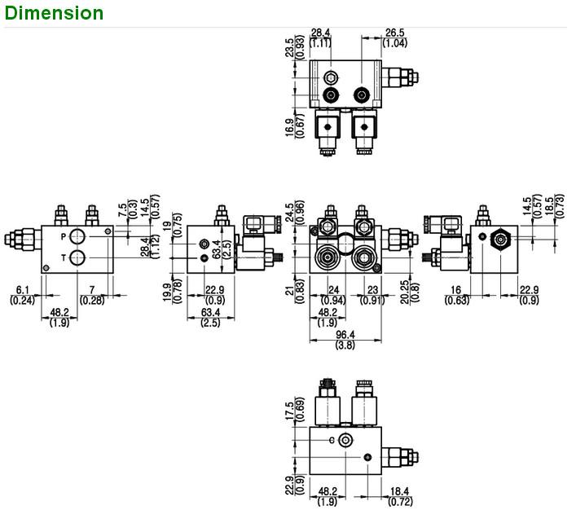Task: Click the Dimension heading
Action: click(53, 13)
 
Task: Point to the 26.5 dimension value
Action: click(396, 33)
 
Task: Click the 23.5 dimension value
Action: click(289, 46)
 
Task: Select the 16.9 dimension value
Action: click(289, 127)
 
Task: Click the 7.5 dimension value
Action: click(122, 210)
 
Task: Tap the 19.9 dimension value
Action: click(167, 291)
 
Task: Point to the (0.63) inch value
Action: click(456, 301)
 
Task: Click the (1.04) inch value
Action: click(396, 42)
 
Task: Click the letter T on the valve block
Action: click(64, 258)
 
